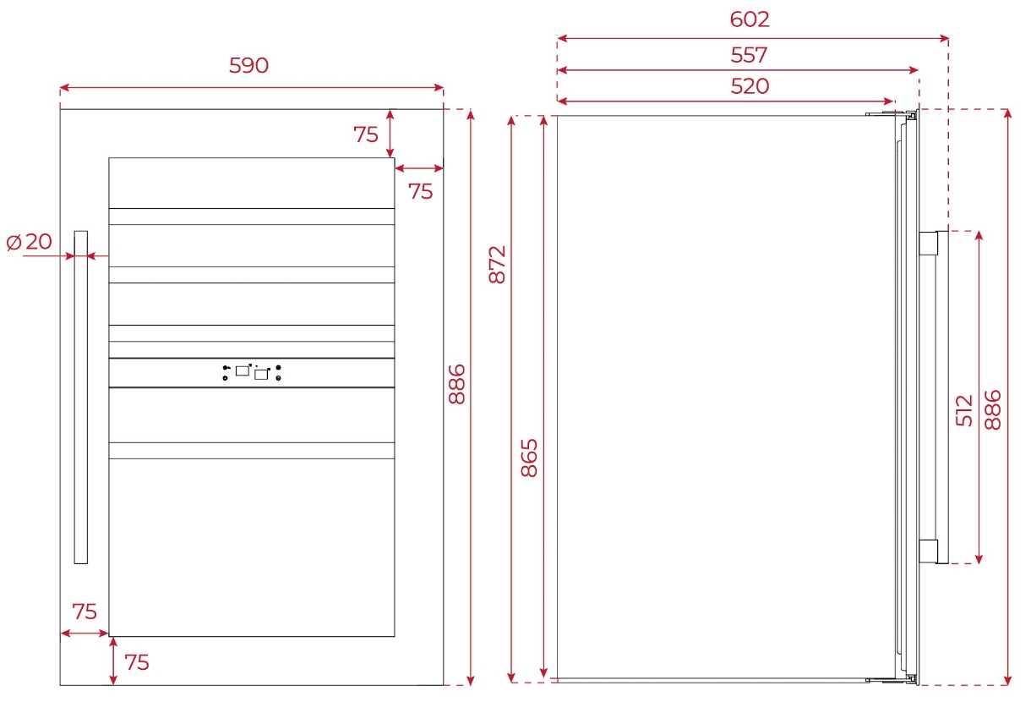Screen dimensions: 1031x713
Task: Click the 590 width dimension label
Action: (248, 65)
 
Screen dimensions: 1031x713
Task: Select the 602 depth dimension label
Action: (750, 19)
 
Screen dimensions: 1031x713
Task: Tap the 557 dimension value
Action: (749, 55)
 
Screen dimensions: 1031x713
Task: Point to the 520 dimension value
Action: (750, 86)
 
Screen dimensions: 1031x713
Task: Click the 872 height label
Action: (497, 265)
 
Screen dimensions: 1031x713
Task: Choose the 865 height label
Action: (529, 458)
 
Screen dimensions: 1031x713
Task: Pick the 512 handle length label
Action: (963, 410)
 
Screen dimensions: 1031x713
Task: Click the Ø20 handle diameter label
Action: (29, 242)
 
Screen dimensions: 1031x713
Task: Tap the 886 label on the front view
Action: (456, 385)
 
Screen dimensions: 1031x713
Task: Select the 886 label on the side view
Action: (992, 410)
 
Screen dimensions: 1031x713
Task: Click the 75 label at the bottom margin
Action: (137, 662)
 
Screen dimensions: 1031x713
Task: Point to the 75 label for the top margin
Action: (365, 134)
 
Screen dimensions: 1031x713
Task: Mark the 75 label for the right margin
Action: (420, 191)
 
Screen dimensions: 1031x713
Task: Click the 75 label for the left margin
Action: (85, 612)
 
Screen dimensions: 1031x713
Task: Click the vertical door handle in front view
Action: (81, 397)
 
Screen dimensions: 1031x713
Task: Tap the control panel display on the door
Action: (252, 372)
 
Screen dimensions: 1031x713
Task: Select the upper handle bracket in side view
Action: (929, 243)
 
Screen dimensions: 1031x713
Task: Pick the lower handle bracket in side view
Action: (929, 551)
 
